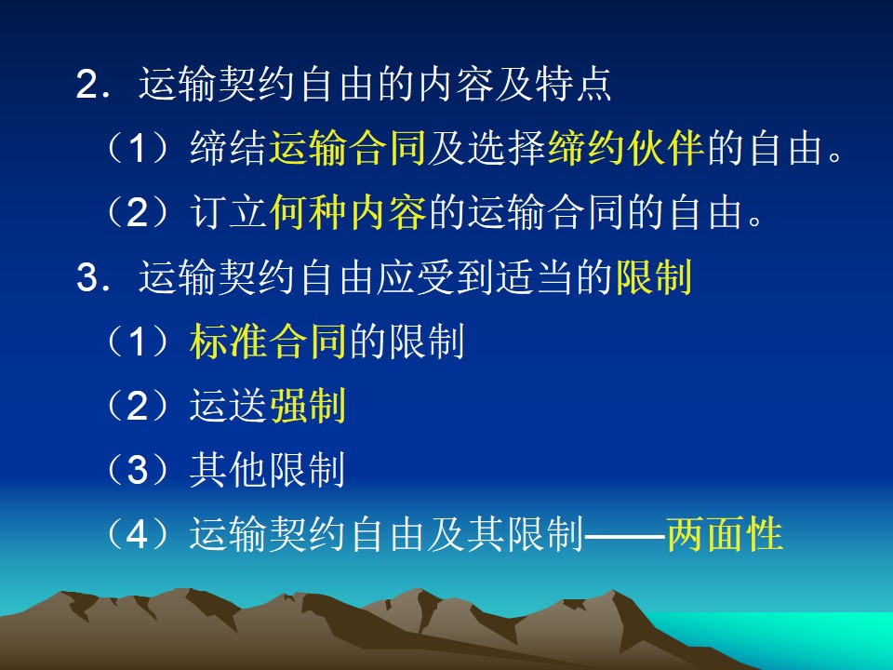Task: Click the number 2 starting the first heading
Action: pyautogui.click(x=87, y=86)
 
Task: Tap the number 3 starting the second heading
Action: pyautogui.click(x=87, y=278)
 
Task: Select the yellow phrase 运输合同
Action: pyautogui.click(x=347, y=148)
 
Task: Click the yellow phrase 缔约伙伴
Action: pyautogui.click(x=626, y=148)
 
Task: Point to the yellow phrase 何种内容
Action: pyautogui.click(x=347, y=212)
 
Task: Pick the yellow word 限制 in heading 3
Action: pyautogui.click(x=654, y=277)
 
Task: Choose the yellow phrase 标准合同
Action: pyautogui.click(x=268, y=342)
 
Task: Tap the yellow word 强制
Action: pyautogui.click(x=308, y=407)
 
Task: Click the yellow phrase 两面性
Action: pyautogui.click(x=725, y=534)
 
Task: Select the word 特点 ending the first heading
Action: pyautogui.click(x=573, y=85)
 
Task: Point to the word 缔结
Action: pyautogui.click(x=228, y=148)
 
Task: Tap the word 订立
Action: pyautogui.click(x=228, y=212)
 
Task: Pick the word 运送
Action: pyautogui.click(x=228, y=407)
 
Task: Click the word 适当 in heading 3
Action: pyautogui.click(x=535, y=277)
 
